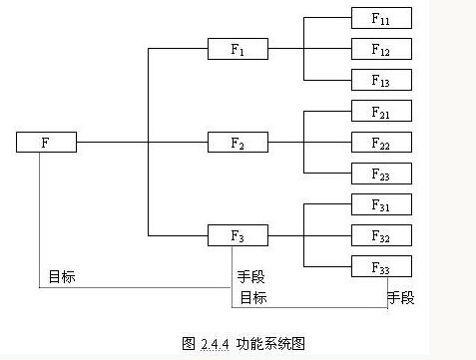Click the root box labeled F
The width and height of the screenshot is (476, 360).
[x=46, y=143]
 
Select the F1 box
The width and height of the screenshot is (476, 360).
[x=238, y=49]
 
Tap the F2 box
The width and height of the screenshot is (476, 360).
[x=238, y=143]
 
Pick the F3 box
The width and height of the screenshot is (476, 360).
[x=238, y=236]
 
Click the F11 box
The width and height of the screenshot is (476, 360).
[x=380, y=18]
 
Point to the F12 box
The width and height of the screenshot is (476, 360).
[x=380, y=49]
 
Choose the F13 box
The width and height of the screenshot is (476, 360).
[x=380, y=80]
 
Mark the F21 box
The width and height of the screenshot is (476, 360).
[x=380, y=112]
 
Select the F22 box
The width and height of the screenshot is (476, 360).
[x=380, y=143]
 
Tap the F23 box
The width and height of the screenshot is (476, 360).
[x=380, y=174]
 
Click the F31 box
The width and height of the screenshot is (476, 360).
[x=380, y=204]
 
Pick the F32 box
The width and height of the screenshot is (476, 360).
[x=380, y=236]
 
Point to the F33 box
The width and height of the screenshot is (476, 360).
[x=380, y=267]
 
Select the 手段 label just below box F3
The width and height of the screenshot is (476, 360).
[x=251, y=277]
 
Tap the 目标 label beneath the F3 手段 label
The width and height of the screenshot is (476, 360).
[x=251, y=297]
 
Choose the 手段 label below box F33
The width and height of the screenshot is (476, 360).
[x=401, y=297]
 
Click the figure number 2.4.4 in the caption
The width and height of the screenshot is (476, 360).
[x=214, y=343]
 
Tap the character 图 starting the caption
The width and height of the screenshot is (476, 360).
[x=189, y=343]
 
